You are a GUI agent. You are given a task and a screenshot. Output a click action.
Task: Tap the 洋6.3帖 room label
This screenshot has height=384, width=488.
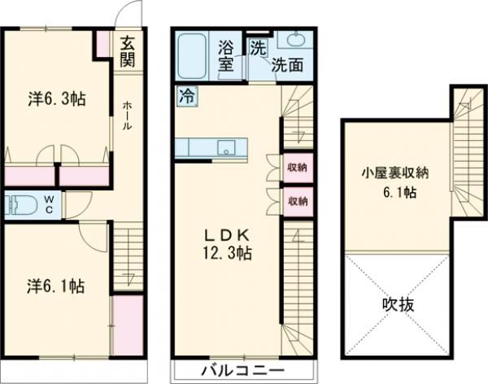pos(58,99)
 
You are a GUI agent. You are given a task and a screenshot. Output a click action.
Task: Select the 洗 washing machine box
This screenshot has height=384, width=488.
pos(256,46)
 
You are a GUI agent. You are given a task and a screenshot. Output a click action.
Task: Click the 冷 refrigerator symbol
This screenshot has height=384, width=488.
pos(186,94)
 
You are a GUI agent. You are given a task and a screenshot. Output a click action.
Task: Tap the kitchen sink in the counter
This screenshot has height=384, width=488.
pos(228,147)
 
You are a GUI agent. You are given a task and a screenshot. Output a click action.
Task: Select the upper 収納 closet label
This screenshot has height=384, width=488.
pos(296,168)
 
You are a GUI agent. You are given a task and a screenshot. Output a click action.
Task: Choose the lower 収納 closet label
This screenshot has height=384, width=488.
pos(296,199)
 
